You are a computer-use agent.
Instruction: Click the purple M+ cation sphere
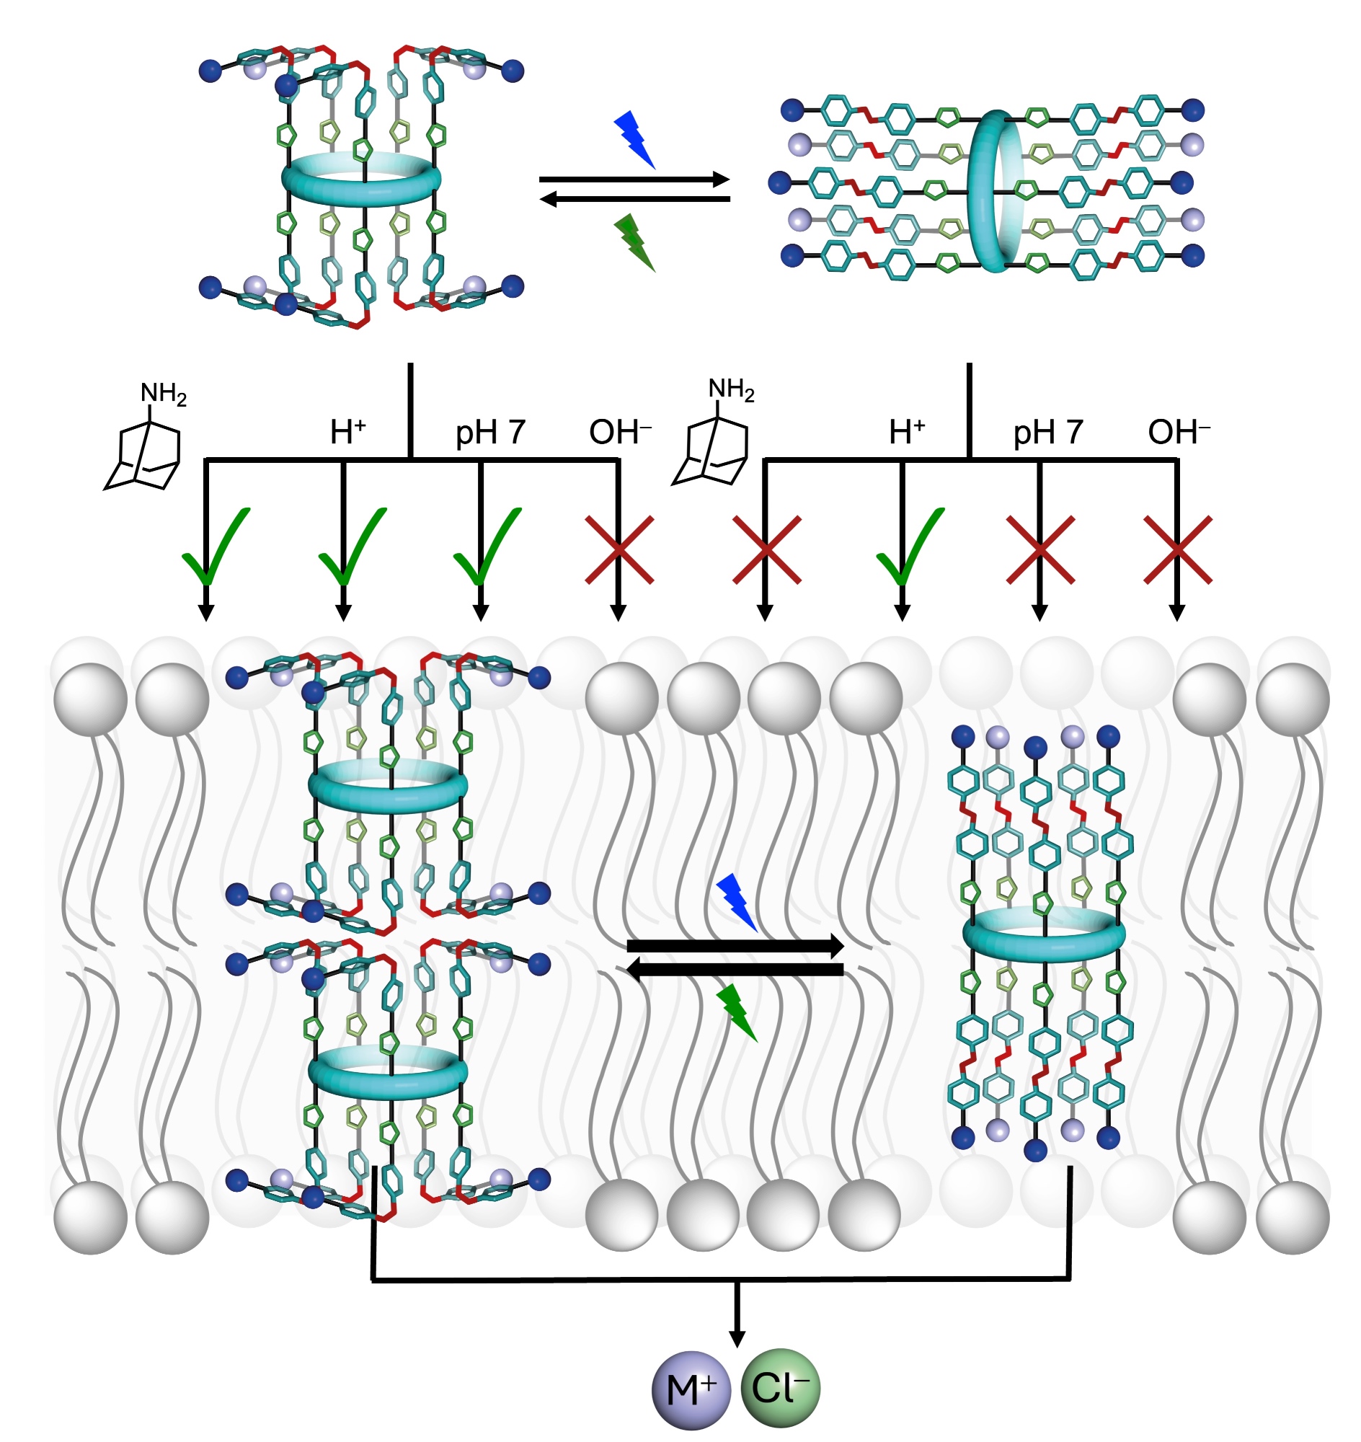tap(691, 1390)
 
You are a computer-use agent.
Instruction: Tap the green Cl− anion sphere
tap(780, 1389)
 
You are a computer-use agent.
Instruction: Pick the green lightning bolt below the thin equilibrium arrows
tap(634, 242)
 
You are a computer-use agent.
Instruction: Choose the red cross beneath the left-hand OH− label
tap(619, 550)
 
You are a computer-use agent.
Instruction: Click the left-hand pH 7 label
tap(489, 433)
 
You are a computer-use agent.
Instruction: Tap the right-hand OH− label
tap(1178, 433)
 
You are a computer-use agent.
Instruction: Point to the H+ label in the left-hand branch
tap(347, 433)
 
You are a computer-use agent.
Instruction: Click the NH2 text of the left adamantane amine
tap(163, 394)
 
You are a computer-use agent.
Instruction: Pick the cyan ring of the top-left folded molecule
tap(360, 179)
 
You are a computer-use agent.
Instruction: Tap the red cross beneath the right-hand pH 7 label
tap(1039, 550)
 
